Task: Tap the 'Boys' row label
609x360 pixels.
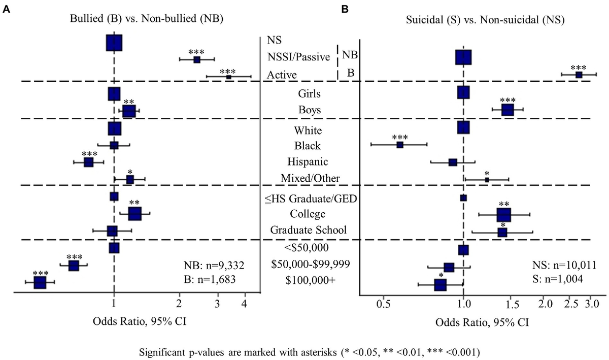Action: pyautogui.click(x=310, y=110)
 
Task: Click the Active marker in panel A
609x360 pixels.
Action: pyautogui.click(x=228, y=77)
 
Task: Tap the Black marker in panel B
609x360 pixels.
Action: pyautogui.click(x=400, y=145)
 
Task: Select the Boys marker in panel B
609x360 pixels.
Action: pyautogui.click(x=507, y=110)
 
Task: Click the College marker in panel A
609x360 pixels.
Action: pyautogui.click(x=134, y=214)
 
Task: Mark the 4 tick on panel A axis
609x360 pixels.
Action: pyautogui.click(x=245, y=303)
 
